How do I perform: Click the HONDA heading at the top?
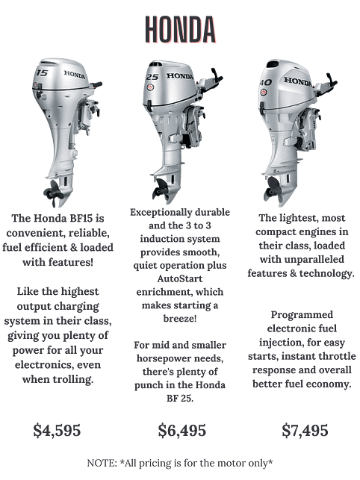[x=180, y=29]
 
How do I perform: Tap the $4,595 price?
[x=57, y=430]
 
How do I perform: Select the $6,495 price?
[x=182, y=430]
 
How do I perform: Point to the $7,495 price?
[x=305, y=430]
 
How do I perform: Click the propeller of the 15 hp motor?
[x=53, y=192]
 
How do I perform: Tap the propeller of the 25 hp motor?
[x=161, y=189]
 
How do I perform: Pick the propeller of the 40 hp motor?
[x=273, y=189]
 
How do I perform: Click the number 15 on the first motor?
[x=42, y=72]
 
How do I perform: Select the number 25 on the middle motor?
[x=152, y=77]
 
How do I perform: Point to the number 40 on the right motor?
[x=265, y=82]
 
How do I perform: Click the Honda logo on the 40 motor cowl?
[x=297, y=81]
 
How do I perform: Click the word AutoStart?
[x=180, y=278]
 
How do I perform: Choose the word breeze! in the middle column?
[x=180, y=318]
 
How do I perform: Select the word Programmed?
[x=302, y=315]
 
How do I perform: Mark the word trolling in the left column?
[x=72, y=379]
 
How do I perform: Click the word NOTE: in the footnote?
[x=102, y=463]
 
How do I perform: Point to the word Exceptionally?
[x=161, y=213]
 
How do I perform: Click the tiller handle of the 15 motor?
[x=94, y=84]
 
